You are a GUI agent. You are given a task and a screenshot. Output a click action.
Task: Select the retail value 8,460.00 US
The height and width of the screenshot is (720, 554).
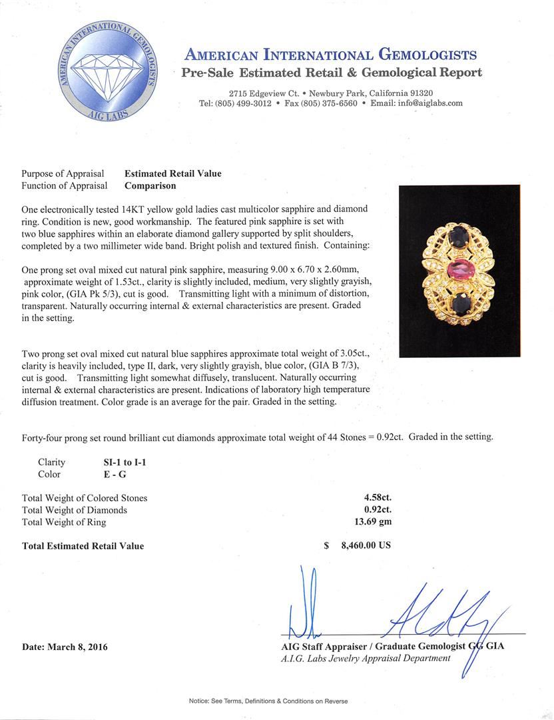(x=366, y=545)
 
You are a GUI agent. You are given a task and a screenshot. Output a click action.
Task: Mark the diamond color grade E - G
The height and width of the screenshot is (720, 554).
(x=109, y=474)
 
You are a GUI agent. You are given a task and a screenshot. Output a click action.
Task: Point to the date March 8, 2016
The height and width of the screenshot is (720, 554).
(x=65, y=647)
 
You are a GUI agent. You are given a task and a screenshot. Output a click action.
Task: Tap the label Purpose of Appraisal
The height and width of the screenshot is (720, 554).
(x=64, y=173)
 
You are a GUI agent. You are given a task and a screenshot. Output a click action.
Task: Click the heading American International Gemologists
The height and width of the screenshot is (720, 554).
(x=330, y=55)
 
